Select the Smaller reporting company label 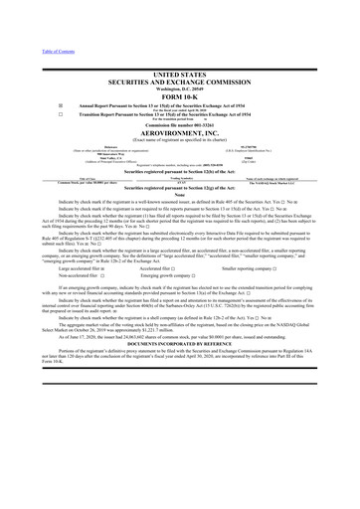272,266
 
